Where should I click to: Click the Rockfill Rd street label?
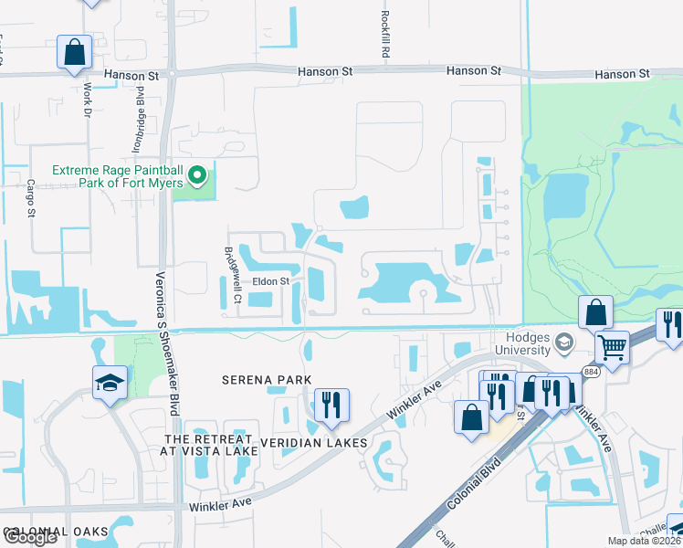(385, 36)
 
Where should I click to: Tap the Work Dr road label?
(89, 100)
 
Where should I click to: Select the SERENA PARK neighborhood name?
(265, 379)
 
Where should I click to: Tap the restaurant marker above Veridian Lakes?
(330, 405)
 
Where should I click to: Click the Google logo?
(30, 537)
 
